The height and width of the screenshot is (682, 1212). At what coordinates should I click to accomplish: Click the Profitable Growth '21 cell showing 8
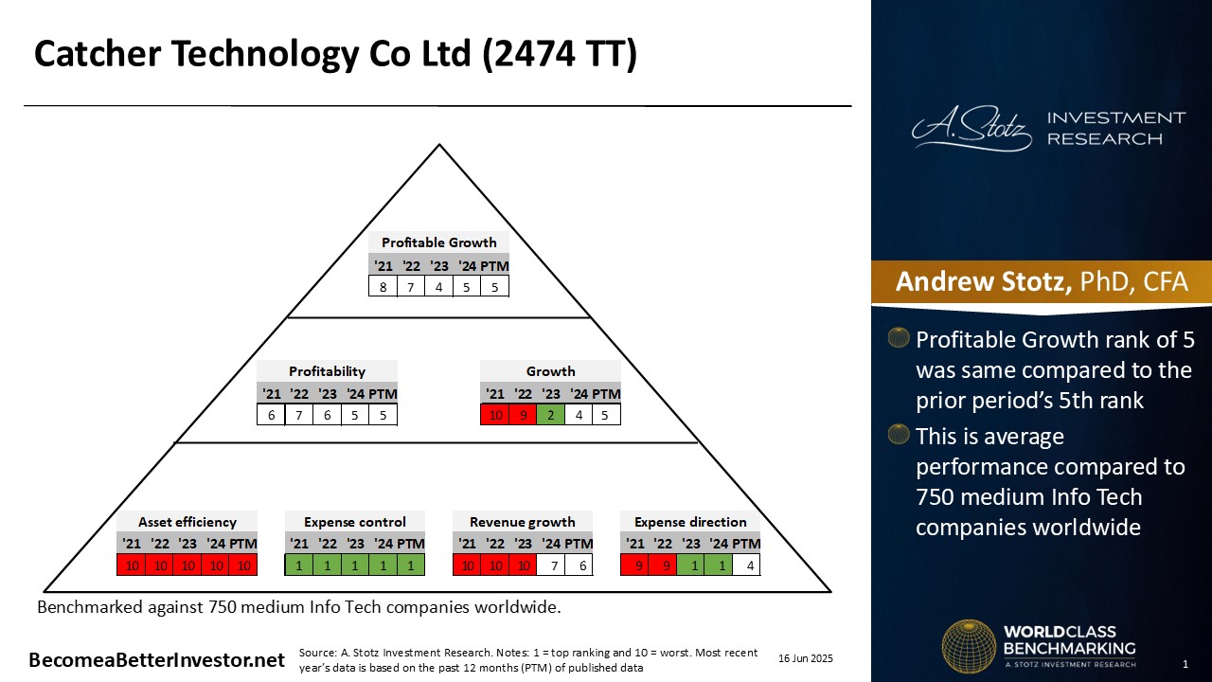(383, 286)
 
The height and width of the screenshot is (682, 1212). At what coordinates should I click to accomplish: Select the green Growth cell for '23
(551, 415)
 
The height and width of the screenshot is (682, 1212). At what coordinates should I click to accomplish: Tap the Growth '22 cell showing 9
(524, 415)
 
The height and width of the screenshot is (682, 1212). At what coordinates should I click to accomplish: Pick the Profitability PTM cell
(383, 415)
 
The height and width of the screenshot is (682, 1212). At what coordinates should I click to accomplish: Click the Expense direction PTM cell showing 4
(747, 565)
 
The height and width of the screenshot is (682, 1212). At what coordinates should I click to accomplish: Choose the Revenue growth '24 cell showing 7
(551, 565)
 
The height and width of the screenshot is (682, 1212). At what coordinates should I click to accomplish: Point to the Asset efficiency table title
(187, 522)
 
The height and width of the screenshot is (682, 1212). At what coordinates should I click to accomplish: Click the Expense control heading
(355, 522)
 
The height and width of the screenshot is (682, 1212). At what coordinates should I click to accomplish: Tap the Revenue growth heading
(523, 522)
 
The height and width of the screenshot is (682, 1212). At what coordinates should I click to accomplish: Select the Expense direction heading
(690, 522)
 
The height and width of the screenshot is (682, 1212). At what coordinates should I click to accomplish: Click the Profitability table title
(327, 371)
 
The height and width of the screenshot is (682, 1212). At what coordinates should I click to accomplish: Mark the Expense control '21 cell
(299, 565)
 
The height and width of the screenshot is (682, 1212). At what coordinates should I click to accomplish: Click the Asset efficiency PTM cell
(243, 565)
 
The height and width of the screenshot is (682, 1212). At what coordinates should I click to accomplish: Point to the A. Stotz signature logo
(971, 129)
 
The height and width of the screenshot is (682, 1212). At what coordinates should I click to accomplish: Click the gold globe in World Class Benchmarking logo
(969, 646)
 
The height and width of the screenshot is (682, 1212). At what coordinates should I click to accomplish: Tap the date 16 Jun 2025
(806, 658)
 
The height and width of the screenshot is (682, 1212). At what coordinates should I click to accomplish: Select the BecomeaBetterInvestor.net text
(156, 660)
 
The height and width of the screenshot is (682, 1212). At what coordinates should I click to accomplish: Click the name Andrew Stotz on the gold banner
(983, 281)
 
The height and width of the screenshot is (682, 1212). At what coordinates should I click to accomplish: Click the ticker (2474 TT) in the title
(559, 54)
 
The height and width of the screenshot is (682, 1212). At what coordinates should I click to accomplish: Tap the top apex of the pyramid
(439, 145)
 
